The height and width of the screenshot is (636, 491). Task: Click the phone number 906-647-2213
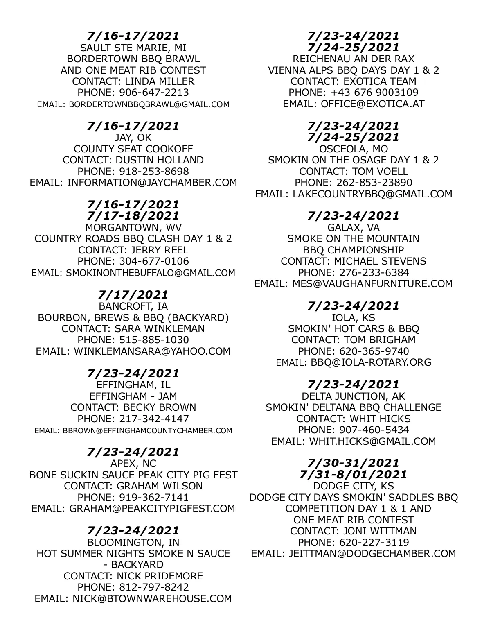[x=154, y=93]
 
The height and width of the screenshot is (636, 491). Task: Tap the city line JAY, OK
[x=133, y=138]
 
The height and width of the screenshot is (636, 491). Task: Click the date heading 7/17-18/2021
[x=133, y=216]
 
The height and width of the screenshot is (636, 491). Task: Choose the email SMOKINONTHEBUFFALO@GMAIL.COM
[x=151, y=273]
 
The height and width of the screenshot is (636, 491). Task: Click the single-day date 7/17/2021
[x=133, y=295]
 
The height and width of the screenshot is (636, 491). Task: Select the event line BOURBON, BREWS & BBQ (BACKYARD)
[x=133, y=318]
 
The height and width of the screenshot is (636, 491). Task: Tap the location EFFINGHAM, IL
[x=133, y=385]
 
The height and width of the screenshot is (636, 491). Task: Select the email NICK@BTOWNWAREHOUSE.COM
[x=152, y=599]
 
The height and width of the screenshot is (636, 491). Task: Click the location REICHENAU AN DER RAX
[x=354, y=59]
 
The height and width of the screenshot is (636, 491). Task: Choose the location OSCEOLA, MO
[x=354, y=149]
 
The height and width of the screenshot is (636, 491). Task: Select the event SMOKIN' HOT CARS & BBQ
[x=354, y=329]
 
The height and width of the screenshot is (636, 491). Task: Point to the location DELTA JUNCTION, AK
[x=354, y=396]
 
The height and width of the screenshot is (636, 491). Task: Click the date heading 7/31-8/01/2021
[x=354, y=475]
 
